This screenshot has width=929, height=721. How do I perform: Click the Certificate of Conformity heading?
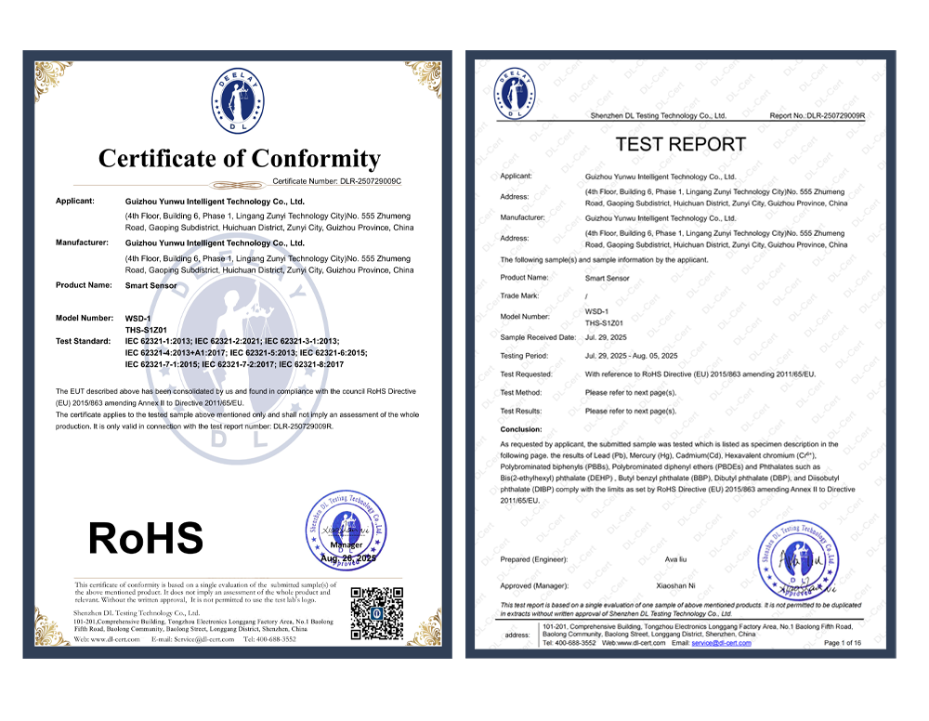click(239, 158)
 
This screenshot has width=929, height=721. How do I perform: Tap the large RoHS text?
click(145, 538)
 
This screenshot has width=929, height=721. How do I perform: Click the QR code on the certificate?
click(376, 613)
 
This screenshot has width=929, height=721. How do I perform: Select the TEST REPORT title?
click(681, 144)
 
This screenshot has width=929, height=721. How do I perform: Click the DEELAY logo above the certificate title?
click(240, 100)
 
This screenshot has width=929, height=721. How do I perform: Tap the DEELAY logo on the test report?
click(517, 93)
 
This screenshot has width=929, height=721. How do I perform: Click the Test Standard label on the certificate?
click(83, 341)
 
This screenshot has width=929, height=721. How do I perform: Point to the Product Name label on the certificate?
click(85, 285)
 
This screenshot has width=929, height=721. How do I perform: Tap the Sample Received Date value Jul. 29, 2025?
click(607, 337)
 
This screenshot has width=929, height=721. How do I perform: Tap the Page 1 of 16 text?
click(843, 643)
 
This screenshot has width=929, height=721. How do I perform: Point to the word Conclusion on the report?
click(521, 429)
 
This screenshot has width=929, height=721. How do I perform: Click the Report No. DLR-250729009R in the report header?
click(817, 116)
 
